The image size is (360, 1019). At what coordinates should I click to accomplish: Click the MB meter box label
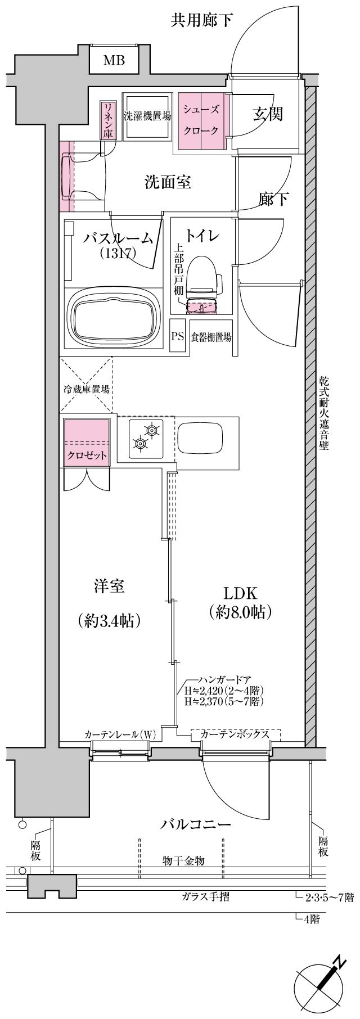tap(114, 60)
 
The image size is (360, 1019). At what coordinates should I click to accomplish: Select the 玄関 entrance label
tap(267, 114)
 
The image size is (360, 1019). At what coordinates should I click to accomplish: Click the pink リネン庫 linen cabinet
tap(107, 120)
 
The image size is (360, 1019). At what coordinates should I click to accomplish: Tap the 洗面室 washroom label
tap(168, 182)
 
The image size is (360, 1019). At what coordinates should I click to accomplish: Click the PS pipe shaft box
tap(178, 337)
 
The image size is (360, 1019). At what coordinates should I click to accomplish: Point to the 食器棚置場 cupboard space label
tap(211, 337)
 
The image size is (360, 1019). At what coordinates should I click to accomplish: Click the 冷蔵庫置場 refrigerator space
tap(86, 389)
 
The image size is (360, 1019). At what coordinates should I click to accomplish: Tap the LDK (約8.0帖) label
tap(240, 602)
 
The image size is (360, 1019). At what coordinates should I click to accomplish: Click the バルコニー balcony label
tap(196, 825)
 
